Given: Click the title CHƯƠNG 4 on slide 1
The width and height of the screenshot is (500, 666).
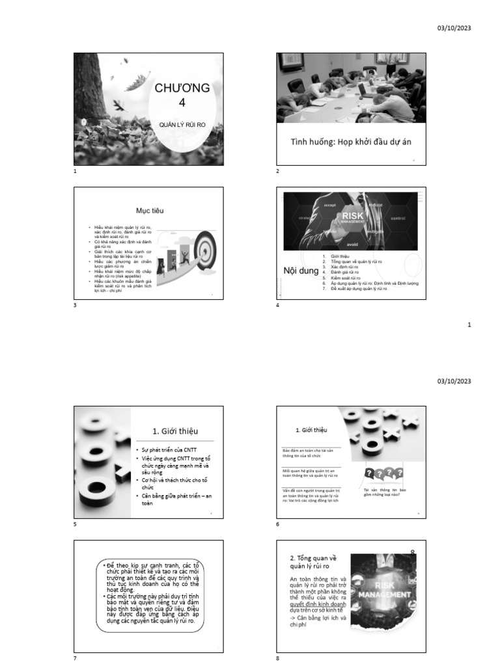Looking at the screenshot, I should click(182, 94).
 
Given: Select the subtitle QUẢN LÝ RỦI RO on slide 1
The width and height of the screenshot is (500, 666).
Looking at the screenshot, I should click(182, 123).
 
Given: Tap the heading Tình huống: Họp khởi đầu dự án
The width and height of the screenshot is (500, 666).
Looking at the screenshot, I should click(351, 142).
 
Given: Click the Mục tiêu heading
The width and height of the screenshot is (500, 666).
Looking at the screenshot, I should click(150, 211).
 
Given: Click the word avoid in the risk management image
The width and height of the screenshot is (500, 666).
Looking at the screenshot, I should click(352, 245).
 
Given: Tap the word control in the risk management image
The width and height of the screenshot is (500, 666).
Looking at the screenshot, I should click(398, 219).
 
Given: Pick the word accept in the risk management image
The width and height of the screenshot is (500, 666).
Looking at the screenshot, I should click(329, 205).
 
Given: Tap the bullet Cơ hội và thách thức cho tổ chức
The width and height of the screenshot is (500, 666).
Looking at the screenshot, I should click(176, 483).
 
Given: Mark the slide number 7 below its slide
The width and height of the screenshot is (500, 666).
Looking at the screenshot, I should click(75, 658).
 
